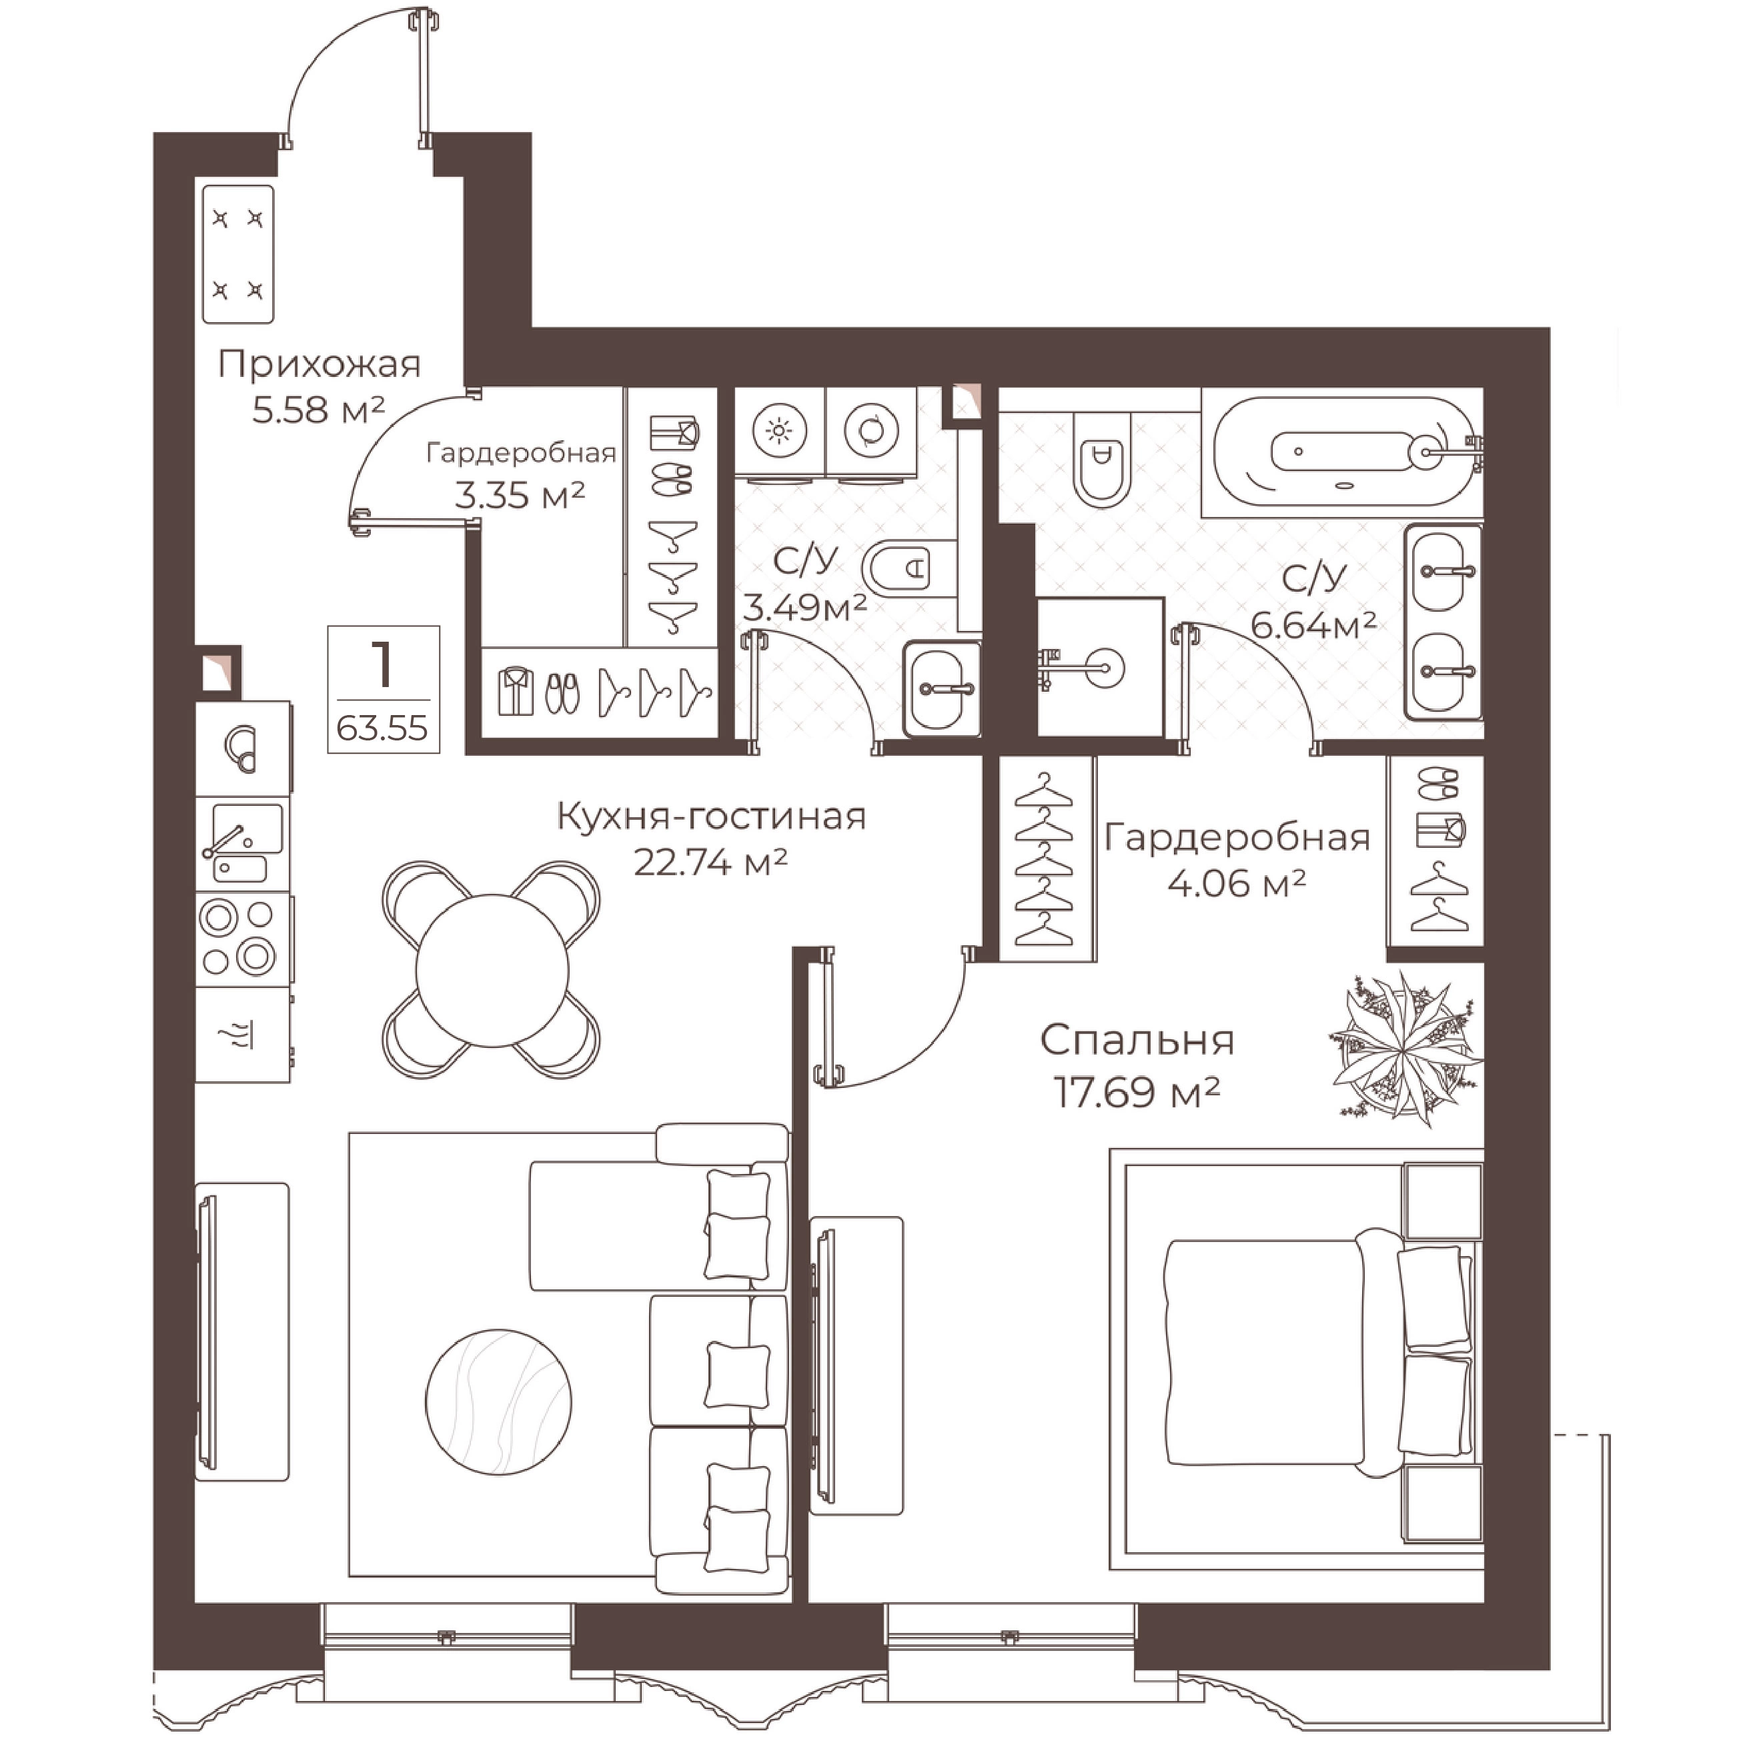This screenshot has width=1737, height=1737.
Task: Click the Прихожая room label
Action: point(319,365)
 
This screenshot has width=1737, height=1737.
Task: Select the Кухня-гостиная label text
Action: point(711,816)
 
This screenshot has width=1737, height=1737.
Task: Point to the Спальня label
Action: point(1137,1040)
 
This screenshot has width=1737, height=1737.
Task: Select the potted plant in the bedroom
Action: point(1404,1047)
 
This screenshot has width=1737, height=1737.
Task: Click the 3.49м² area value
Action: point(804,608)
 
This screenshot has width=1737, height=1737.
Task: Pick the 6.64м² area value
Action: point(1313,624)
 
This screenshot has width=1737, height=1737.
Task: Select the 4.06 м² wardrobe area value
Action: point(1236,884)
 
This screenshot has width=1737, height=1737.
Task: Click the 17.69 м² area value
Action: point(1137,1094)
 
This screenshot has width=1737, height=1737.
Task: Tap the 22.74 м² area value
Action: point(710,862)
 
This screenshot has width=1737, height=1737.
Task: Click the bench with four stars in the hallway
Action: point(238,254)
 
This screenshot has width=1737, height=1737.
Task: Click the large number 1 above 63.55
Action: point(383,664)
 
